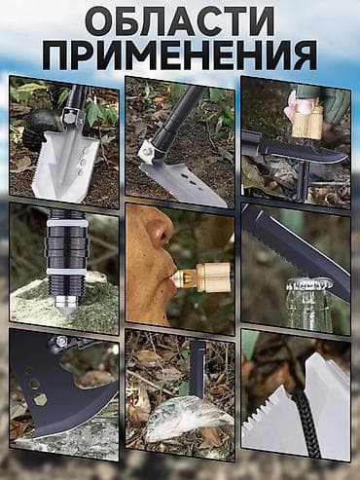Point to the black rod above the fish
(198, 365)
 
